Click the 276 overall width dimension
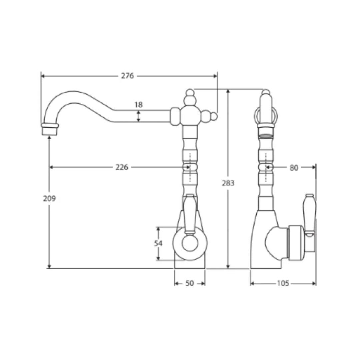[x=127, y=76]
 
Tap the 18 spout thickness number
[x=138, y=105]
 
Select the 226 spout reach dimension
[x=122, y=167]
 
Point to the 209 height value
[x=49, y=198]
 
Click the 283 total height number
[x=228, y=183]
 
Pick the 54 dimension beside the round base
[x=158, y=243]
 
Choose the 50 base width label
[x=190, y=283]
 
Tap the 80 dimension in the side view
[x=294, y=168]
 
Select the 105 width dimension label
[x=283, y=283]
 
